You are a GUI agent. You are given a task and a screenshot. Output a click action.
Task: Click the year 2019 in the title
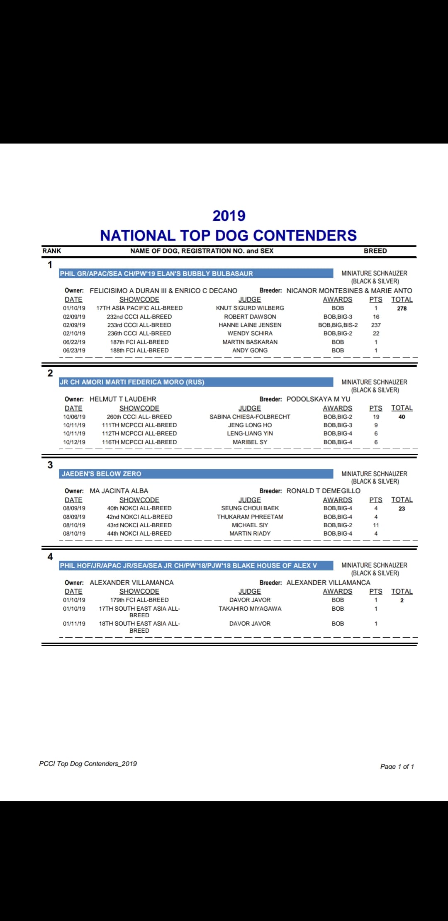point(229,216)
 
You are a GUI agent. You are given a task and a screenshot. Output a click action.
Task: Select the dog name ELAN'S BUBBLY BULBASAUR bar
point(196,273)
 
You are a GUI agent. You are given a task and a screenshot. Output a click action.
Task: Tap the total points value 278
point(402,309)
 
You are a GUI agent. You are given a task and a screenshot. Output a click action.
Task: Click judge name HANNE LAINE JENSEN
point(250,325)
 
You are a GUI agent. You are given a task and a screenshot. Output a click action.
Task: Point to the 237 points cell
point(376,325)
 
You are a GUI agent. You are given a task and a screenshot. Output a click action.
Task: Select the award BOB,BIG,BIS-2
point(338,325)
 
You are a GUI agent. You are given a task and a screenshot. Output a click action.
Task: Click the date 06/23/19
point(74,351)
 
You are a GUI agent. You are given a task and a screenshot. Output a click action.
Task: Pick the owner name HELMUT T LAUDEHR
point(123,399)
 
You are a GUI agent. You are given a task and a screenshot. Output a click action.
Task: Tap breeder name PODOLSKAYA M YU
point(318,399)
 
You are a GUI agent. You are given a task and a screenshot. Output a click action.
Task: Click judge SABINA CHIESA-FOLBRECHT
point(250,417)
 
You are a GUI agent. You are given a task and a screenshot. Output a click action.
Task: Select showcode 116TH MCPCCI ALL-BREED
point(139,442)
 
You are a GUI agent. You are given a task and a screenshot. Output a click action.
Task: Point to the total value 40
point(402,417)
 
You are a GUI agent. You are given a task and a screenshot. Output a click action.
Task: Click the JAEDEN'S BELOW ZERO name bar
point(196,474)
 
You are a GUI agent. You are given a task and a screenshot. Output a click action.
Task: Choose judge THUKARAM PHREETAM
point(250,517)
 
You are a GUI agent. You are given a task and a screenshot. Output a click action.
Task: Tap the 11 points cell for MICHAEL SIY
point(376,525)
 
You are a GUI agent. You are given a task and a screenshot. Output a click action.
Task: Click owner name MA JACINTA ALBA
point(119,491)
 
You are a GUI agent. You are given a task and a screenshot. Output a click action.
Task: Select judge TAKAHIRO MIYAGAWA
point(250,609)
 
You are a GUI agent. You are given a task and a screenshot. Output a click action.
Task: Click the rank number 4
point(50,557)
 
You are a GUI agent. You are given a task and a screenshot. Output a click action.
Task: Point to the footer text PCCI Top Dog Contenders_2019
point(88,764)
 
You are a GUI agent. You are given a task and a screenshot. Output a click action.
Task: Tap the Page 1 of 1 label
point(397,766)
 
